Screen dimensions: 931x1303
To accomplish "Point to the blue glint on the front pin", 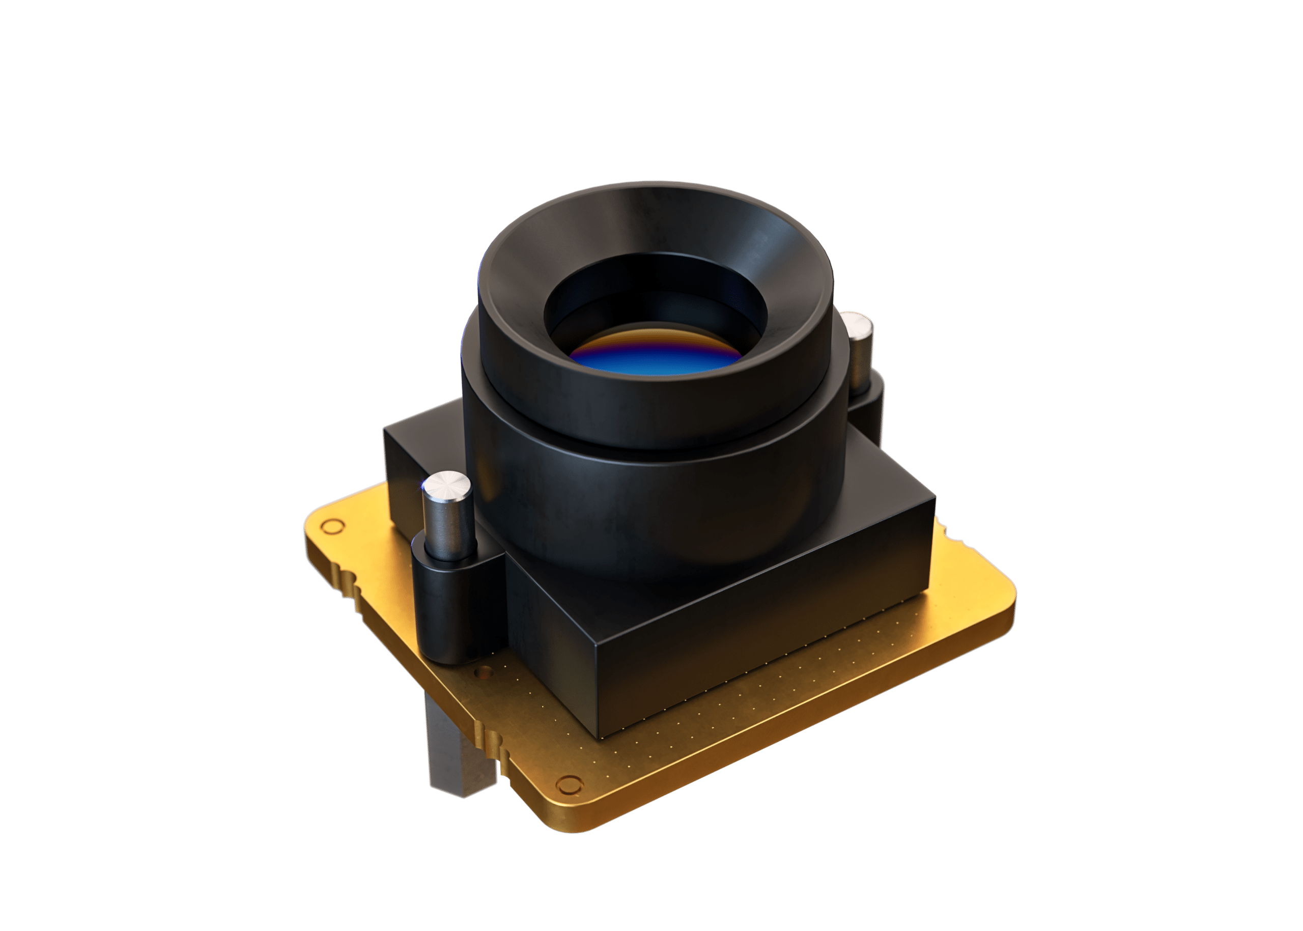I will tap(424, 486).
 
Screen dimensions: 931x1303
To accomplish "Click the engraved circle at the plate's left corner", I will tap(331, 525).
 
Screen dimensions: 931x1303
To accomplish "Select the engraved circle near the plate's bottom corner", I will tap(568, 785).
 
